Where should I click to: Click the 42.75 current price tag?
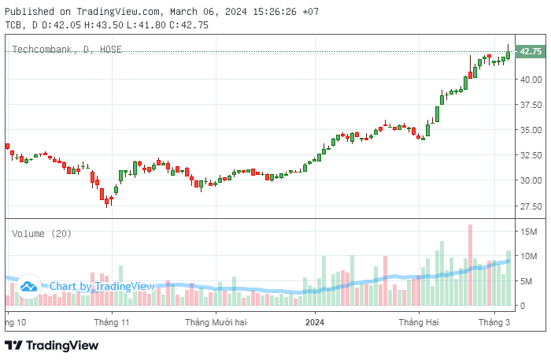(x=531, y=51)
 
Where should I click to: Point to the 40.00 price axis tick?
(x=530, y=80)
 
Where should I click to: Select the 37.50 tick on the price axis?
(x=530, y=105)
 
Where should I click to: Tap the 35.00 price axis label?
(x=530, y=130)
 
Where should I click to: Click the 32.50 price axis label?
(x=530, y=155)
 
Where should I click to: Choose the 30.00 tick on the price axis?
(x=530, y=180)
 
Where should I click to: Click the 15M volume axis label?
(x=527, y=231)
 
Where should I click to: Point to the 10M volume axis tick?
(x=527, y=256)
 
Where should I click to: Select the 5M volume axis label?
(x=524, y=281)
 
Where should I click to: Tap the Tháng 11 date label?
(x=111, y=322)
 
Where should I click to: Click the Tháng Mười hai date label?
(x=216, y=322)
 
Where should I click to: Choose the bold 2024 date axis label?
(x=315, y=322)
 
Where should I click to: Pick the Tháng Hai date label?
(x=418, y=322)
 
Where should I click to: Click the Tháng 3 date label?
(x=495, y=322)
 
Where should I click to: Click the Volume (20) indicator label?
(x=42, y=234)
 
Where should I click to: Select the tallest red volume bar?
(x=470, y=265)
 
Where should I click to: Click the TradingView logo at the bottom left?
(x=52, y=345)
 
